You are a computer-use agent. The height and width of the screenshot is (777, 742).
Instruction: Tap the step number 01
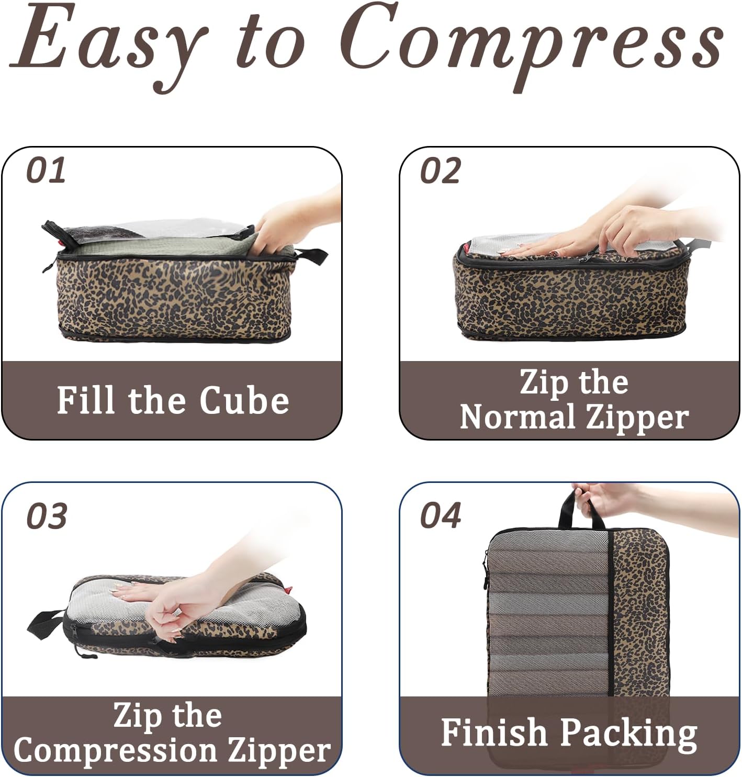tap(46, 171)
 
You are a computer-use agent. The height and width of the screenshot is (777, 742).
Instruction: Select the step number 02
tap(440, 171)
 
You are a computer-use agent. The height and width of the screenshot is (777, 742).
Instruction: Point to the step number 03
tap(47, 516)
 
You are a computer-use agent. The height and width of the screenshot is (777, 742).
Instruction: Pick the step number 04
tap(441, 516)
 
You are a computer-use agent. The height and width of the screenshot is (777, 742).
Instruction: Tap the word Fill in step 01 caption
tap(87, 401)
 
